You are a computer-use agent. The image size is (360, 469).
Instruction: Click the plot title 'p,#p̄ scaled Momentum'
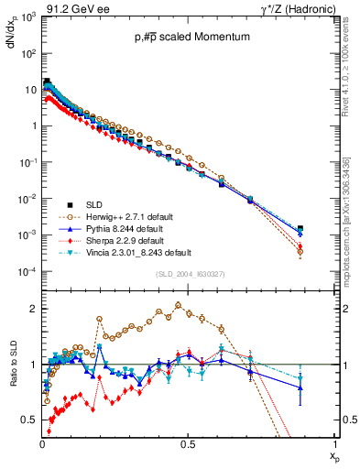coord(189,38)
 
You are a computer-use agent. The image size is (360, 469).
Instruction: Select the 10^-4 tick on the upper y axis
coord(27,272)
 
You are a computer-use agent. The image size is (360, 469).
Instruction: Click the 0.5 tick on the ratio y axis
coord(30,420)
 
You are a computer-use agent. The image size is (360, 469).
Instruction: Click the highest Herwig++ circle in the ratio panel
coord(178,305)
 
